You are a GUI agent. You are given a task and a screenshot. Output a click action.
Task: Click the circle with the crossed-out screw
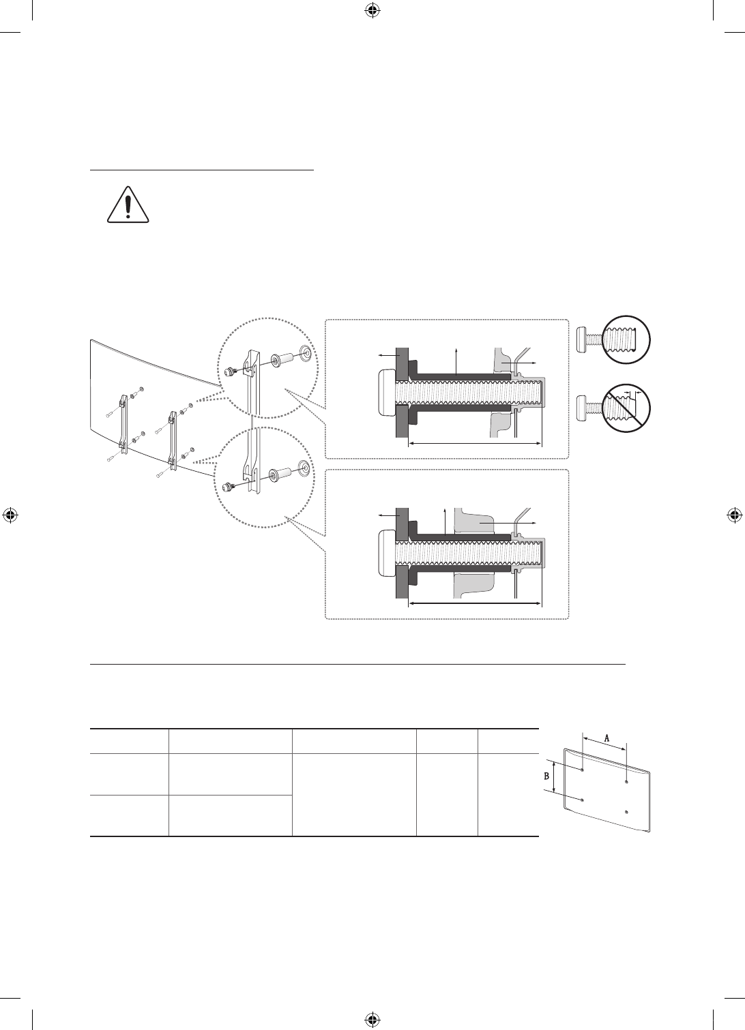[626, 408]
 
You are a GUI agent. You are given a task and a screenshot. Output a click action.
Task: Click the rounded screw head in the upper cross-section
[387, 393]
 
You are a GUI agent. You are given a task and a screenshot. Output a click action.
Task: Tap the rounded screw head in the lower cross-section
[387, 553]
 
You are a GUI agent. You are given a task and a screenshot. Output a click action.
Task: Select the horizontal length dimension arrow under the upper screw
[474, 444]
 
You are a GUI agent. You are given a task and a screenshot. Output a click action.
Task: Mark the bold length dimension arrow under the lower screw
[474, 603]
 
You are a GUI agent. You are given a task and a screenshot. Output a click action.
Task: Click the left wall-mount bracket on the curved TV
[123, 423]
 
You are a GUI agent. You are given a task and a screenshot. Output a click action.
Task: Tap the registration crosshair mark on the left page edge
[10, 515]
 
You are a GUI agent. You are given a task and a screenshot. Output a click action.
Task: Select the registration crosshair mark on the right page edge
[735, 515]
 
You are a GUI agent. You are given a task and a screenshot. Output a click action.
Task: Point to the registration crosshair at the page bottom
[372, 1019]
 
